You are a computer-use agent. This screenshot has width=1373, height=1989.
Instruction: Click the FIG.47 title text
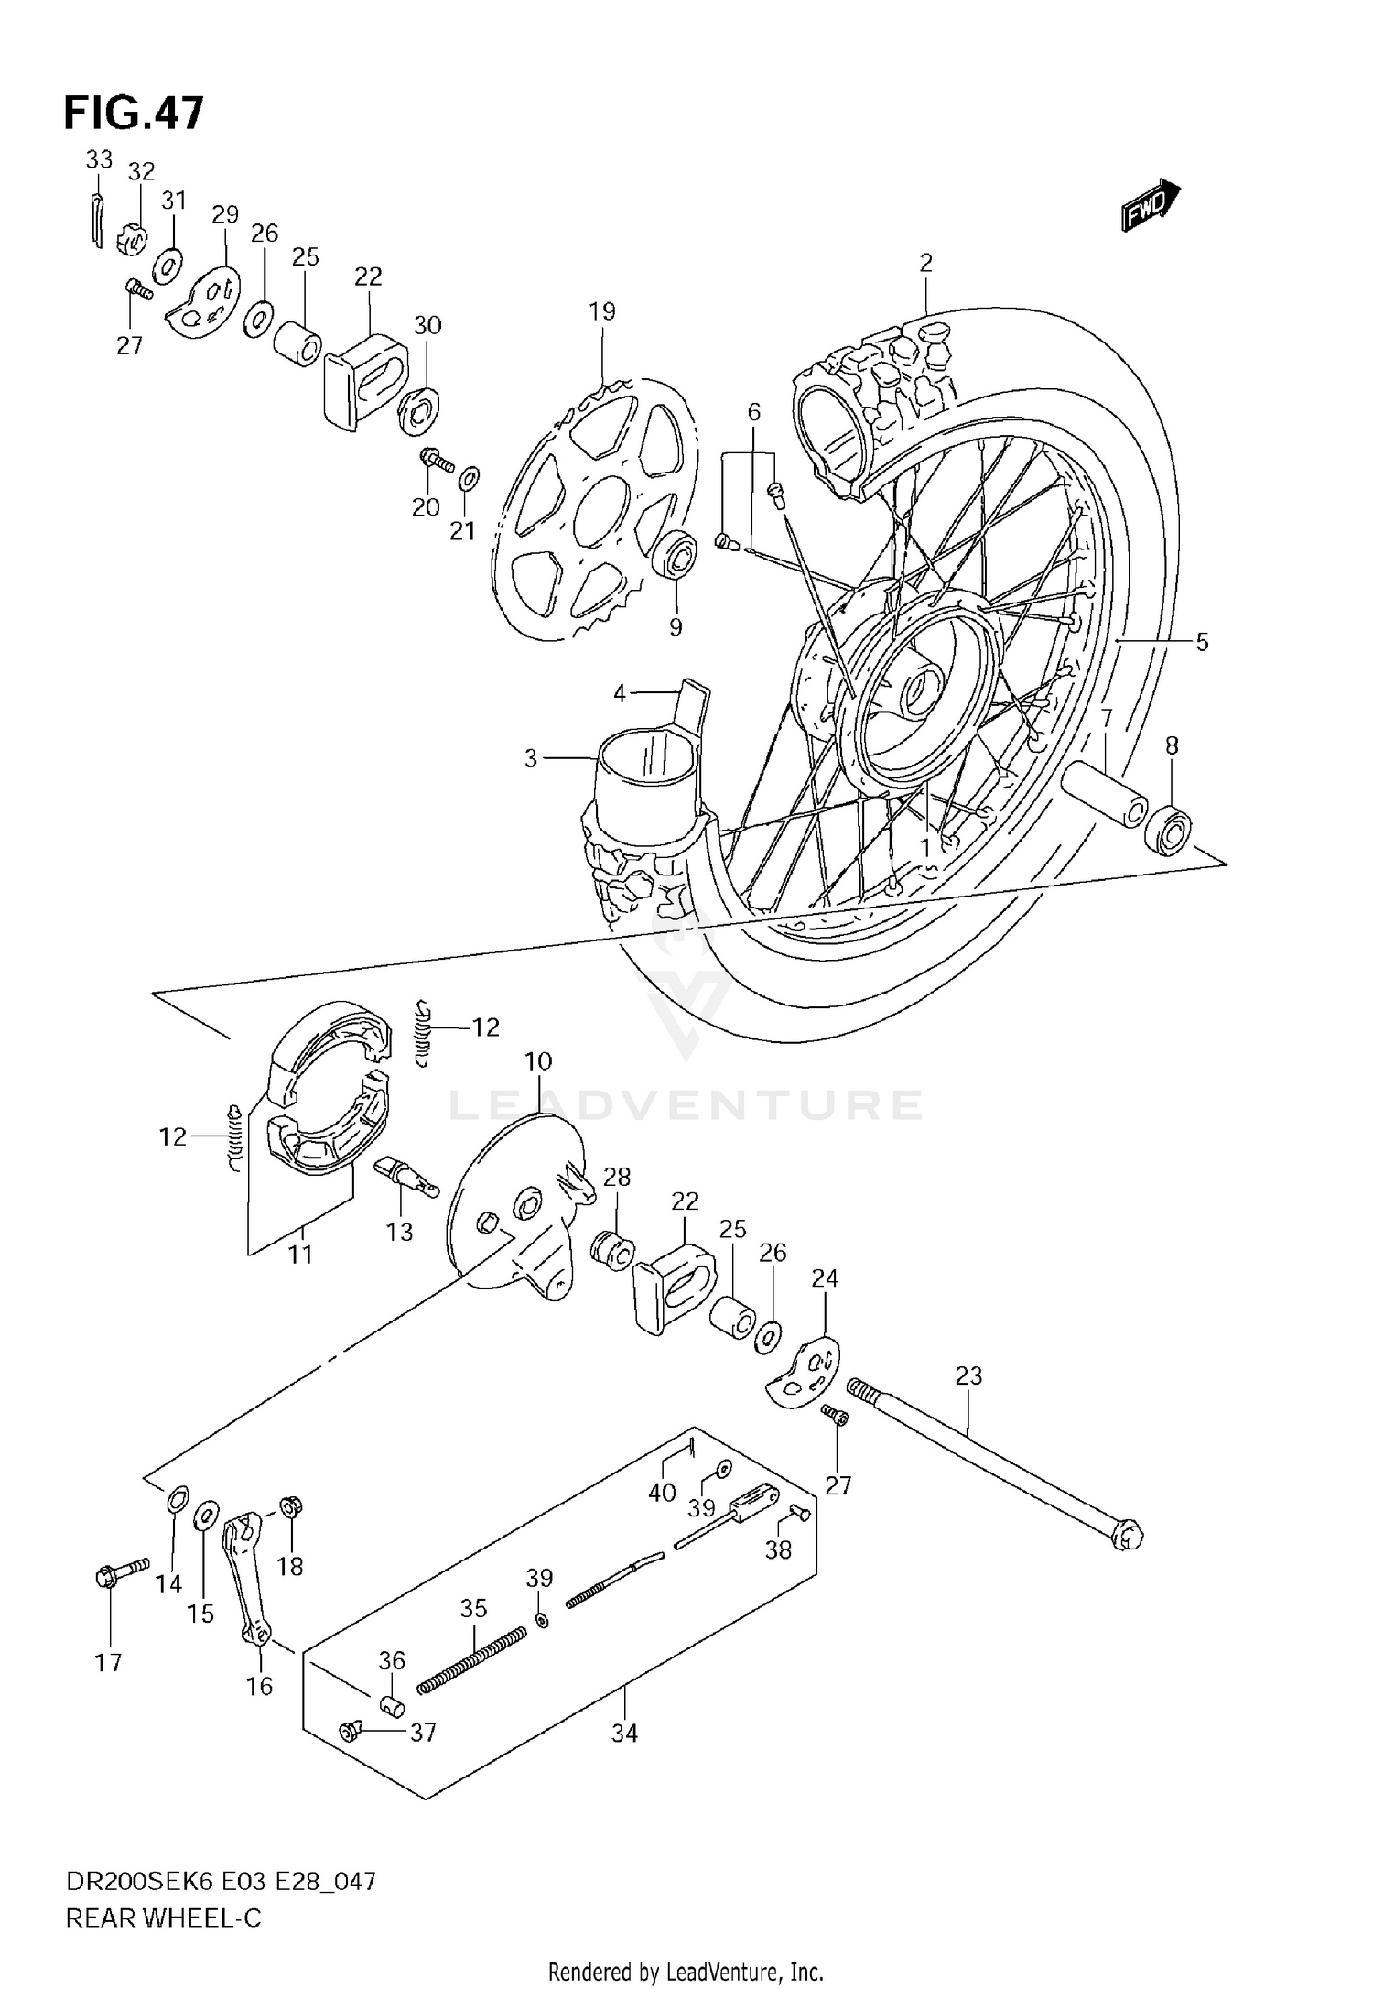coord(134,114)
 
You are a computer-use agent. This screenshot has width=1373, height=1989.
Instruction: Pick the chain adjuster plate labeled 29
coord(205,302)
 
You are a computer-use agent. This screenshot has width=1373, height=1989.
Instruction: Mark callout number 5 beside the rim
coord(1202,642)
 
